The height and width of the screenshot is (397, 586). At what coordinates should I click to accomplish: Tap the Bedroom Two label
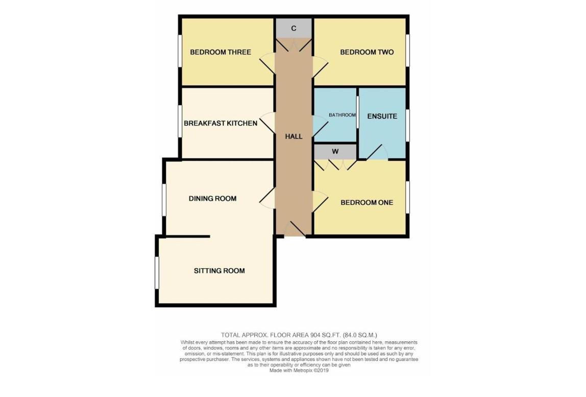pos(367,52)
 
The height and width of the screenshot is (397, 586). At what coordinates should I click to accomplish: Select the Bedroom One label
pos(367,203)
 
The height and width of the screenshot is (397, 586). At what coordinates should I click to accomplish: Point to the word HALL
pos(294,136)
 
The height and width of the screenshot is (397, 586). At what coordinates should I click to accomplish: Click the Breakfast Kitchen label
pos(221,123)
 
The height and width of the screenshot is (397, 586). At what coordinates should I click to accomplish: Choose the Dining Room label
pos(212,198)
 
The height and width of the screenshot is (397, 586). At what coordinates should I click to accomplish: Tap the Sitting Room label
pos(219,271)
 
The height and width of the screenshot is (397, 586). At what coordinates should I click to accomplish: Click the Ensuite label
pos(382,116)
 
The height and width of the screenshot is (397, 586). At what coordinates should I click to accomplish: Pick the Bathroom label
pos(342,115)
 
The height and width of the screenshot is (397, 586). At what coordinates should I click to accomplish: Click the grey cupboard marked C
pos(294,29)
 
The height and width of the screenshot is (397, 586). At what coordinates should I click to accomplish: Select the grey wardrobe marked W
pos(335,152)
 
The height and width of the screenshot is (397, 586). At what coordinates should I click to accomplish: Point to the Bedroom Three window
pos(180,50)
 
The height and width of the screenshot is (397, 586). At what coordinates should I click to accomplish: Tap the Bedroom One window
pos(408,197)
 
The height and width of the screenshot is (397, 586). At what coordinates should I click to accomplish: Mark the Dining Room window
pos(164,200)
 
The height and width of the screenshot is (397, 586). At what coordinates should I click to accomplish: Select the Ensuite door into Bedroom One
pos(377,153)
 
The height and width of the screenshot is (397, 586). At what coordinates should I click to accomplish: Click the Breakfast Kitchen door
pos(267,123)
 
